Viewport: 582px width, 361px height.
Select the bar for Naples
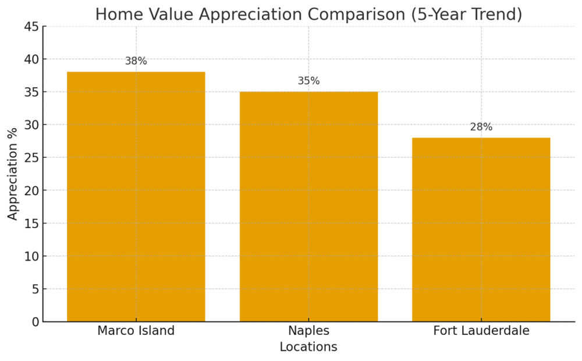coord(308,206)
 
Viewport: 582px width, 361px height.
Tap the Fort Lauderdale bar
coord(481,229)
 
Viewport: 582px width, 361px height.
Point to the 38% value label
coord(136,61)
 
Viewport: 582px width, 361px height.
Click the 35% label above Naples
coord(308,81)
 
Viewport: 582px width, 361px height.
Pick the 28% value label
coord(481,127)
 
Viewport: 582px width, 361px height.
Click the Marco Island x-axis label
coord(136,331)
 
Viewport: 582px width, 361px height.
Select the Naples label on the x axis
coord(308,331)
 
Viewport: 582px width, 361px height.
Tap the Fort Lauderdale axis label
coord(481,331)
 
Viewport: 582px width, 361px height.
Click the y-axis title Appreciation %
coord(13,174)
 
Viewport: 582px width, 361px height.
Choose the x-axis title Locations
coord(308,347)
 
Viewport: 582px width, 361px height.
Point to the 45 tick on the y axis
coord(32,27)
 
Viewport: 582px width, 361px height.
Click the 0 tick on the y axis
coord(36,322)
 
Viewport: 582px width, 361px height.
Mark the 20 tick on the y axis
coord(32,190)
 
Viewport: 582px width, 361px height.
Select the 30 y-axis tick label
coord(32,125)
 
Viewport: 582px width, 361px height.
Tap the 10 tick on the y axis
coord(32,256)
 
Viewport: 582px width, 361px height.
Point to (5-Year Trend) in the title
coord(466,15)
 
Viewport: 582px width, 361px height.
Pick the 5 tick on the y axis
coord(36,289)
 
